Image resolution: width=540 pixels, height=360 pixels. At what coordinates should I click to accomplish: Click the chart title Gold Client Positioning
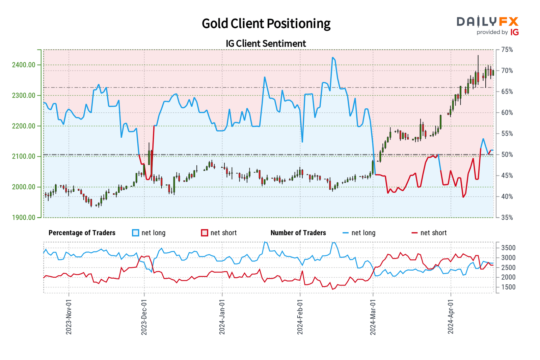point(266,24)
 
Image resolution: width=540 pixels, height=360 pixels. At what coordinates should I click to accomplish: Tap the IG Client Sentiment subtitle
point(266,44)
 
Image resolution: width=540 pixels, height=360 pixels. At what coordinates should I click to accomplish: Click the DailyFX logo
point(487,26)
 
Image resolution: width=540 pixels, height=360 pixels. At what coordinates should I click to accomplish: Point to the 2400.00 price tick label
point(24,65)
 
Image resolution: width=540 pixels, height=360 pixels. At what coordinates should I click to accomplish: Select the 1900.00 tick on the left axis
point(24,217)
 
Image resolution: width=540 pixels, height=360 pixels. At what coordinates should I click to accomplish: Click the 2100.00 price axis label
point(24,157)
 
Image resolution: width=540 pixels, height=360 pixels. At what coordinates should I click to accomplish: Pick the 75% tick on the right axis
point(507,50)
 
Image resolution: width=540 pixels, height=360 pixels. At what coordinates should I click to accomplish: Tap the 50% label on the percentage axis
point(507,155)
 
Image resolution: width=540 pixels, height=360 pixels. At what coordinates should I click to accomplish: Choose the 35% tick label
point(507,218)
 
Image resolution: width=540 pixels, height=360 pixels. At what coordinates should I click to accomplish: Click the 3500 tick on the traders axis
point(508,248)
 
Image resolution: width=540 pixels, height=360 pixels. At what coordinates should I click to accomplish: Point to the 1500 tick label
point(508,287)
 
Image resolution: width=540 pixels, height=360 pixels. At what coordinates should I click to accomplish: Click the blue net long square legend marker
point(136,233)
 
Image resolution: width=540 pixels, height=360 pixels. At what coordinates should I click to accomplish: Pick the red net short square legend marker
point(204,233)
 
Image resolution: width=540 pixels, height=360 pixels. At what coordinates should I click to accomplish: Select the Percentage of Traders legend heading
point(82,233)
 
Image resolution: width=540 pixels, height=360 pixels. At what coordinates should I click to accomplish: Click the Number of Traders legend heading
point(298,233)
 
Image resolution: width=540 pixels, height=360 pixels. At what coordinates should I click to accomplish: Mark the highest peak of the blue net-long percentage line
point(332,57)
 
